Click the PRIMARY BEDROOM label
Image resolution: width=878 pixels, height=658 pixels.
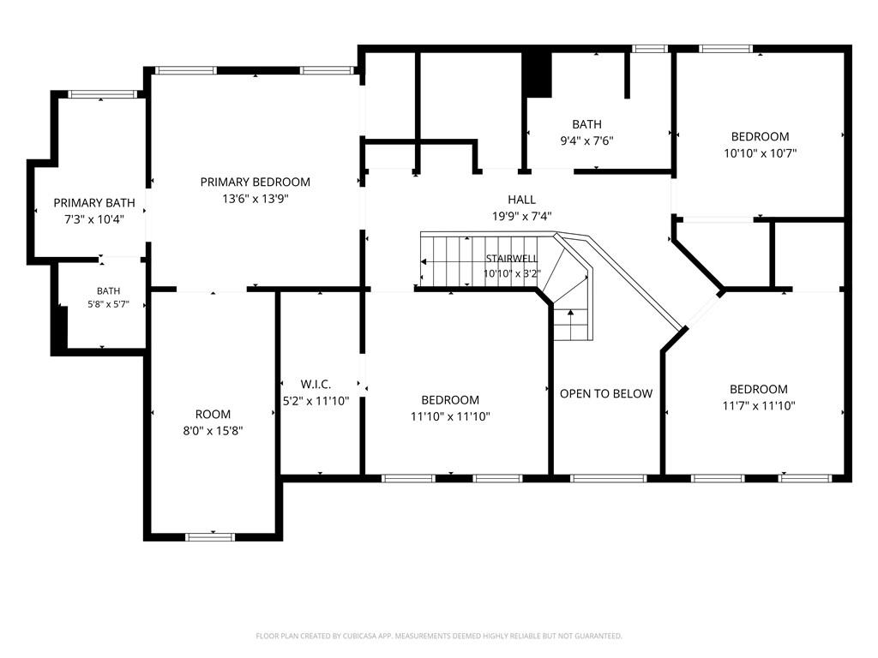[x=256, y=182]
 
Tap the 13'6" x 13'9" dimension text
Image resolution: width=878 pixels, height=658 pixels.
[x=256, y=199]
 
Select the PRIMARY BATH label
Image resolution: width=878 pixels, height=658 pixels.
[x=94, y=202]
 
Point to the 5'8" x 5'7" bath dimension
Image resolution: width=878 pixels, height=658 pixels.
[x=109, y=304]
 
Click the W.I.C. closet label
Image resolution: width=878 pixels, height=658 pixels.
[x=316, y=384]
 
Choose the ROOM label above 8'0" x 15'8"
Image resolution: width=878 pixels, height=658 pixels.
[x=213, y=414]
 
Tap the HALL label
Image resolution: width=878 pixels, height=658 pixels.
[x=522, y=199]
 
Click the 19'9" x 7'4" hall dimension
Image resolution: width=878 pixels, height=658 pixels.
[x=522, y=216]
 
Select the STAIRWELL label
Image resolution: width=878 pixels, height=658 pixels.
[x=512, y=259]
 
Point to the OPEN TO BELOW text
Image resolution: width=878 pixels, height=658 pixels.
[x=606, y=393]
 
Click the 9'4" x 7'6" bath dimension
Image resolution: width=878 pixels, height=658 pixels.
[x=586, y=141]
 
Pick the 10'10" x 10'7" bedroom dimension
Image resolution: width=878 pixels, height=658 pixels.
[x=760, y=153]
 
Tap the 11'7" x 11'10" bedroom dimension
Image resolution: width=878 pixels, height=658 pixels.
[x=759, y=405]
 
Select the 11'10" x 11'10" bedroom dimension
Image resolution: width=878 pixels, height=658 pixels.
[x=450, y=416]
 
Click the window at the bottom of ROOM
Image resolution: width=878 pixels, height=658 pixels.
[x=211, y=537]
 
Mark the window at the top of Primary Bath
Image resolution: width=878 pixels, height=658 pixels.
[x=103, y=94]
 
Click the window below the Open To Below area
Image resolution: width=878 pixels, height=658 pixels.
[x=609, y=478]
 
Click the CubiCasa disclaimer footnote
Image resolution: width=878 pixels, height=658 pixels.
[x=439, y=637]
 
